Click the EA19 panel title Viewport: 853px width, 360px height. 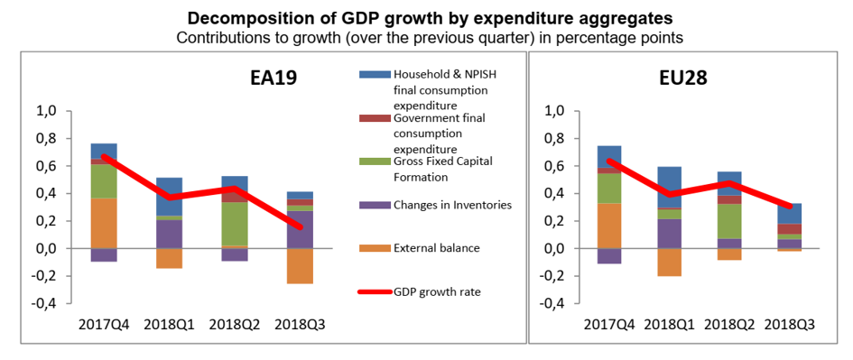pos(274,76)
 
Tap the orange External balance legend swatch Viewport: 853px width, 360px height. pos(375,248)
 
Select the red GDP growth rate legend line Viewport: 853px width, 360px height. pos(375,292)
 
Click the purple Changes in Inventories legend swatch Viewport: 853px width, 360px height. pos(375,205)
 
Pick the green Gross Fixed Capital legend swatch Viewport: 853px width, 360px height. pos(375,161)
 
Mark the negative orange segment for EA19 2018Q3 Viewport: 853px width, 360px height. pos(300,266)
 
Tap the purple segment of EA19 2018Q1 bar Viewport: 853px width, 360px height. pos(169,234)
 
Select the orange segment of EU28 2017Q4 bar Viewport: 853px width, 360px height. pos(608,226)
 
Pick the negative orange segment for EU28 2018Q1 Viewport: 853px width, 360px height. pos(668,263)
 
